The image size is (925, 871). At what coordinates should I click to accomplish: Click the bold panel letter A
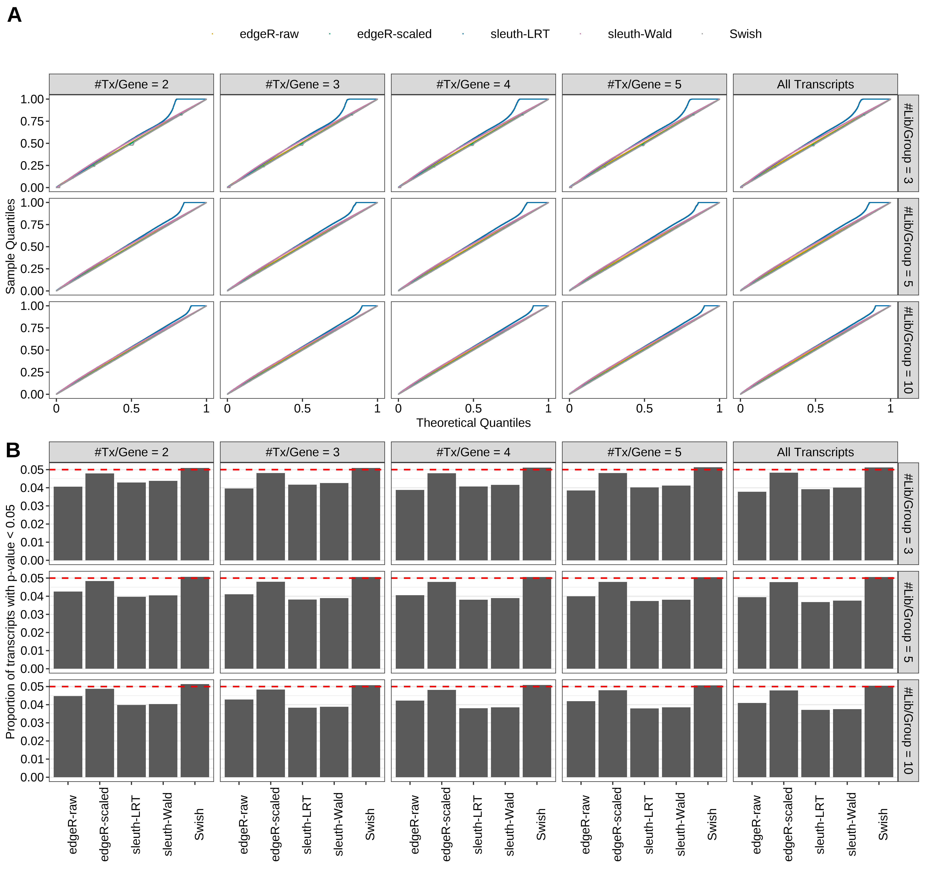click(15, 15)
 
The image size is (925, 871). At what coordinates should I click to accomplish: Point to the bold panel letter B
click(13, 450)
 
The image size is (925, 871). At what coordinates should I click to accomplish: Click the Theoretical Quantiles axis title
click(473, 423)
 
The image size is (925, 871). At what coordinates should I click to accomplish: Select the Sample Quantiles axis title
click(10, 246)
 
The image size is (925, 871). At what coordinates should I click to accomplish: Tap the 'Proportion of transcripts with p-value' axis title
click(10, 621)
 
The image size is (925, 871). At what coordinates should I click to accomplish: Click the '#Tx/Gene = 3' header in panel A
click(303, 84)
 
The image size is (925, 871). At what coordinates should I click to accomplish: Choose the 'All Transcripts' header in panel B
click(815, 452)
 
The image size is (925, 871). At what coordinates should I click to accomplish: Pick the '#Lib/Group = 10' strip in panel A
click(908, 350)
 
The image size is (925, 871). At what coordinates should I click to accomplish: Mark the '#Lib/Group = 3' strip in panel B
click(908, 514)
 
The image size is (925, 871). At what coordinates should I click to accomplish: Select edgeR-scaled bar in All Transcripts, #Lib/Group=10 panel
click(784, 734)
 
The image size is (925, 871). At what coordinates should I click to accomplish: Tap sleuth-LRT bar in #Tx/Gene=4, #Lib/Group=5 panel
click(473, 634)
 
